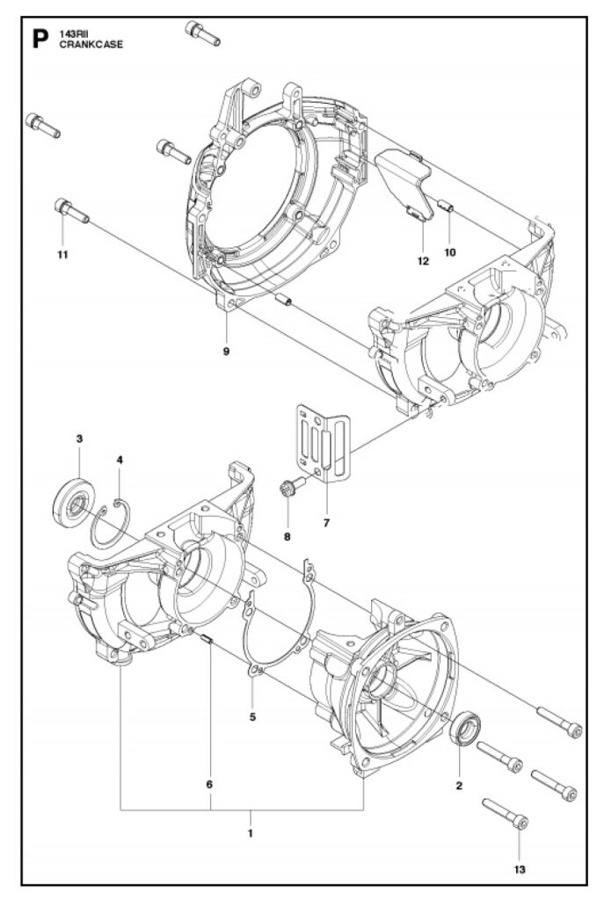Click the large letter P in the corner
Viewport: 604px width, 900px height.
click(x=40, y=40)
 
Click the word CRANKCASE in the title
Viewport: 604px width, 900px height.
click(x=91, y=45)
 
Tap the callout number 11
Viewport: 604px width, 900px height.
click(x=62, y=254)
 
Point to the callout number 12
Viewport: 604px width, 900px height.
click(x=423, y=261)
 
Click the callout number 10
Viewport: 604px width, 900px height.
click(x=449, y=252)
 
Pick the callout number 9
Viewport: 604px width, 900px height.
click(x=226, y=352)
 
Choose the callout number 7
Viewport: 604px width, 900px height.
click(x=326, y=523)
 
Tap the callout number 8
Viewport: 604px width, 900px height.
click(x=287, y=537)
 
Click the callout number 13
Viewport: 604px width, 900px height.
click(x=519, y=869)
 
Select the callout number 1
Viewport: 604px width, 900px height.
click(x=251, y=833)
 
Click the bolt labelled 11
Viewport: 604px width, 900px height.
click(x=72, y=211)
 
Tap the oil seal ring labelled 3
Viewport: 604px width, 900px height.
click(x=74, y=500)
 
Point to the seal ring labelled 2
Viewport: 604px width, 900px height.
click(x=464, y=729)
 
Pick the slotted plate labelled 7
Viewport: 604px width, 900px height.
click(x=324, y=441)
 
